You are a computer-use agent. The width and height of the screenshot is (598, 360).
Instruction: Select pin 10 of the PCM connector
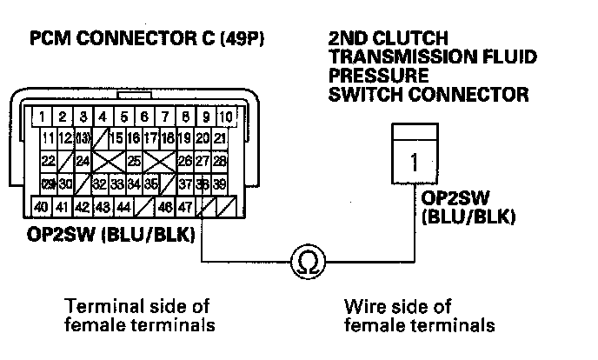[225, 115]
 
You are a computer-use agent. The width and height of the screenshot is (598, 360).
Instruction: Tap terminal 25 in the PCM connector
[133, 161]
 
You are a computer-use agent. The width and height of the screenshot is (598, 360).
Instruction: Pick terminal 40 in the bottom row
[40, 207]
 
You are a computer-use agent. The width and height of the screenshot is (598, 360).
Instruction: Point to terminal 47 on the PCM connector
[184, 207]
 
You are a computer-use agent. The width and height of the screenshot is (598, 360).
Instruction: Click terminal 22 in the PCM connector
[49, 161]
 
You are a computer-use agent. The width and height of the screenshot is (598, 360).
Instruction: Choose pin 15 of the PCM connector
[115, 138]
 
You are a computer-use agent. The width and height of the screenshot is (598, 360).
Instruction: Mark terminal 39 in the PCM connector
[219, 184]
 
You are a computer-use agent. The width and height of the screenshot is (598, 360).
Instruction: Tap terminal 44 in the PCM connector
[123, 207]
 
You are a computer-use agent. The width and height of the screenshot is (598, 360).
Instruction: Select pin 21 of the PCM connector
[220, 138]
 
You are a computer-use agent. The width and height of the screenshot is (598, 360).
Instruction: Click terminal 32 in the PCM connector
[99, 184]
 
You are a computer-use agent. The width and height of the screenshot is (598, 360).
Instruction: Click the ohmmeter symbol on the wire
[307, 262]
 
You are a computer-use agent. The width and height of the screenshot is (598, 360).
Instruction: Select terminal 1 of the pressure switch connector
[414, 162]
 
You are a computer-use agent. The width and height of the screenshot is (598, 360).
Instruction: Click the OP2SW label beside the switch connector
[448, 198]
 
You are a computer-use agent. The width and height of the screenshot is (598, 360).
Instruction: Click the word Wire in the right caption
[363, 307]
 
